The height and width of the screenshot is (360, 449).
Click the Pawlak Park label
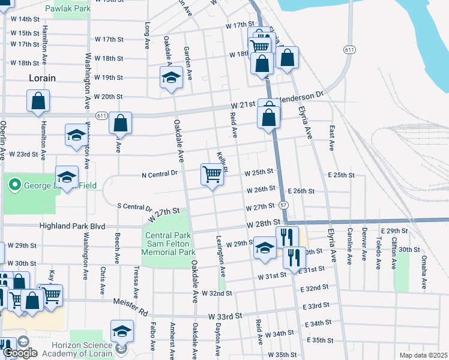pyautogui.click(x=71, y=10)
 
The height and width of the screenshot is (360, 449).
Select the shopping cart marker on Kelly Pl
pyautogui.click(x=212, y=175)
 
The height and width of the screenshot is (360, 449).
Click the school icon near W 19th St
pyautogui.click(x=171, y=78)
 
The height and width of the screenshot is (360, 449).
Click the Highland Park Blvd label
pyautogui.click(x=72, y=226)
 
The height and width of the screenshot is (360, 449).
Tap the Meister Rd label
pyautogui.click(x=136, y=311)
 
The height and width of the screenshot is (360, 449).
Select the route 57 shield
pyautogui.click(x=283, y=205)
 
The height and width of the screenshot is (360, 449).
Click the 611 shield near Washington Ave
pyautogui.click(x=101, y=115)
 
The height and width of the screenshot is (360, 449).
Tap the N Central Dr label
pyautogui.click(x=160, y=173)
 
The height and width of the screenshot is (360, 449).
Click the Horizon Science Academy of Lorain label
pyautogui.click(x=72, y=346)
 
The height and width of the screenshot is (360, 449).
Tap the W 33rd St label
pyautogui.click(x=224, y=316)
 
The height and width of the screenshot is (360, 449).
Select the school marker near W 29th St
pyautogui.click(x=265, y=248)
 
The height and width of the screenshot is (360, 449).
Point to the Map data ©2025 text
pyautogui.click(x=423, y=355)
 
